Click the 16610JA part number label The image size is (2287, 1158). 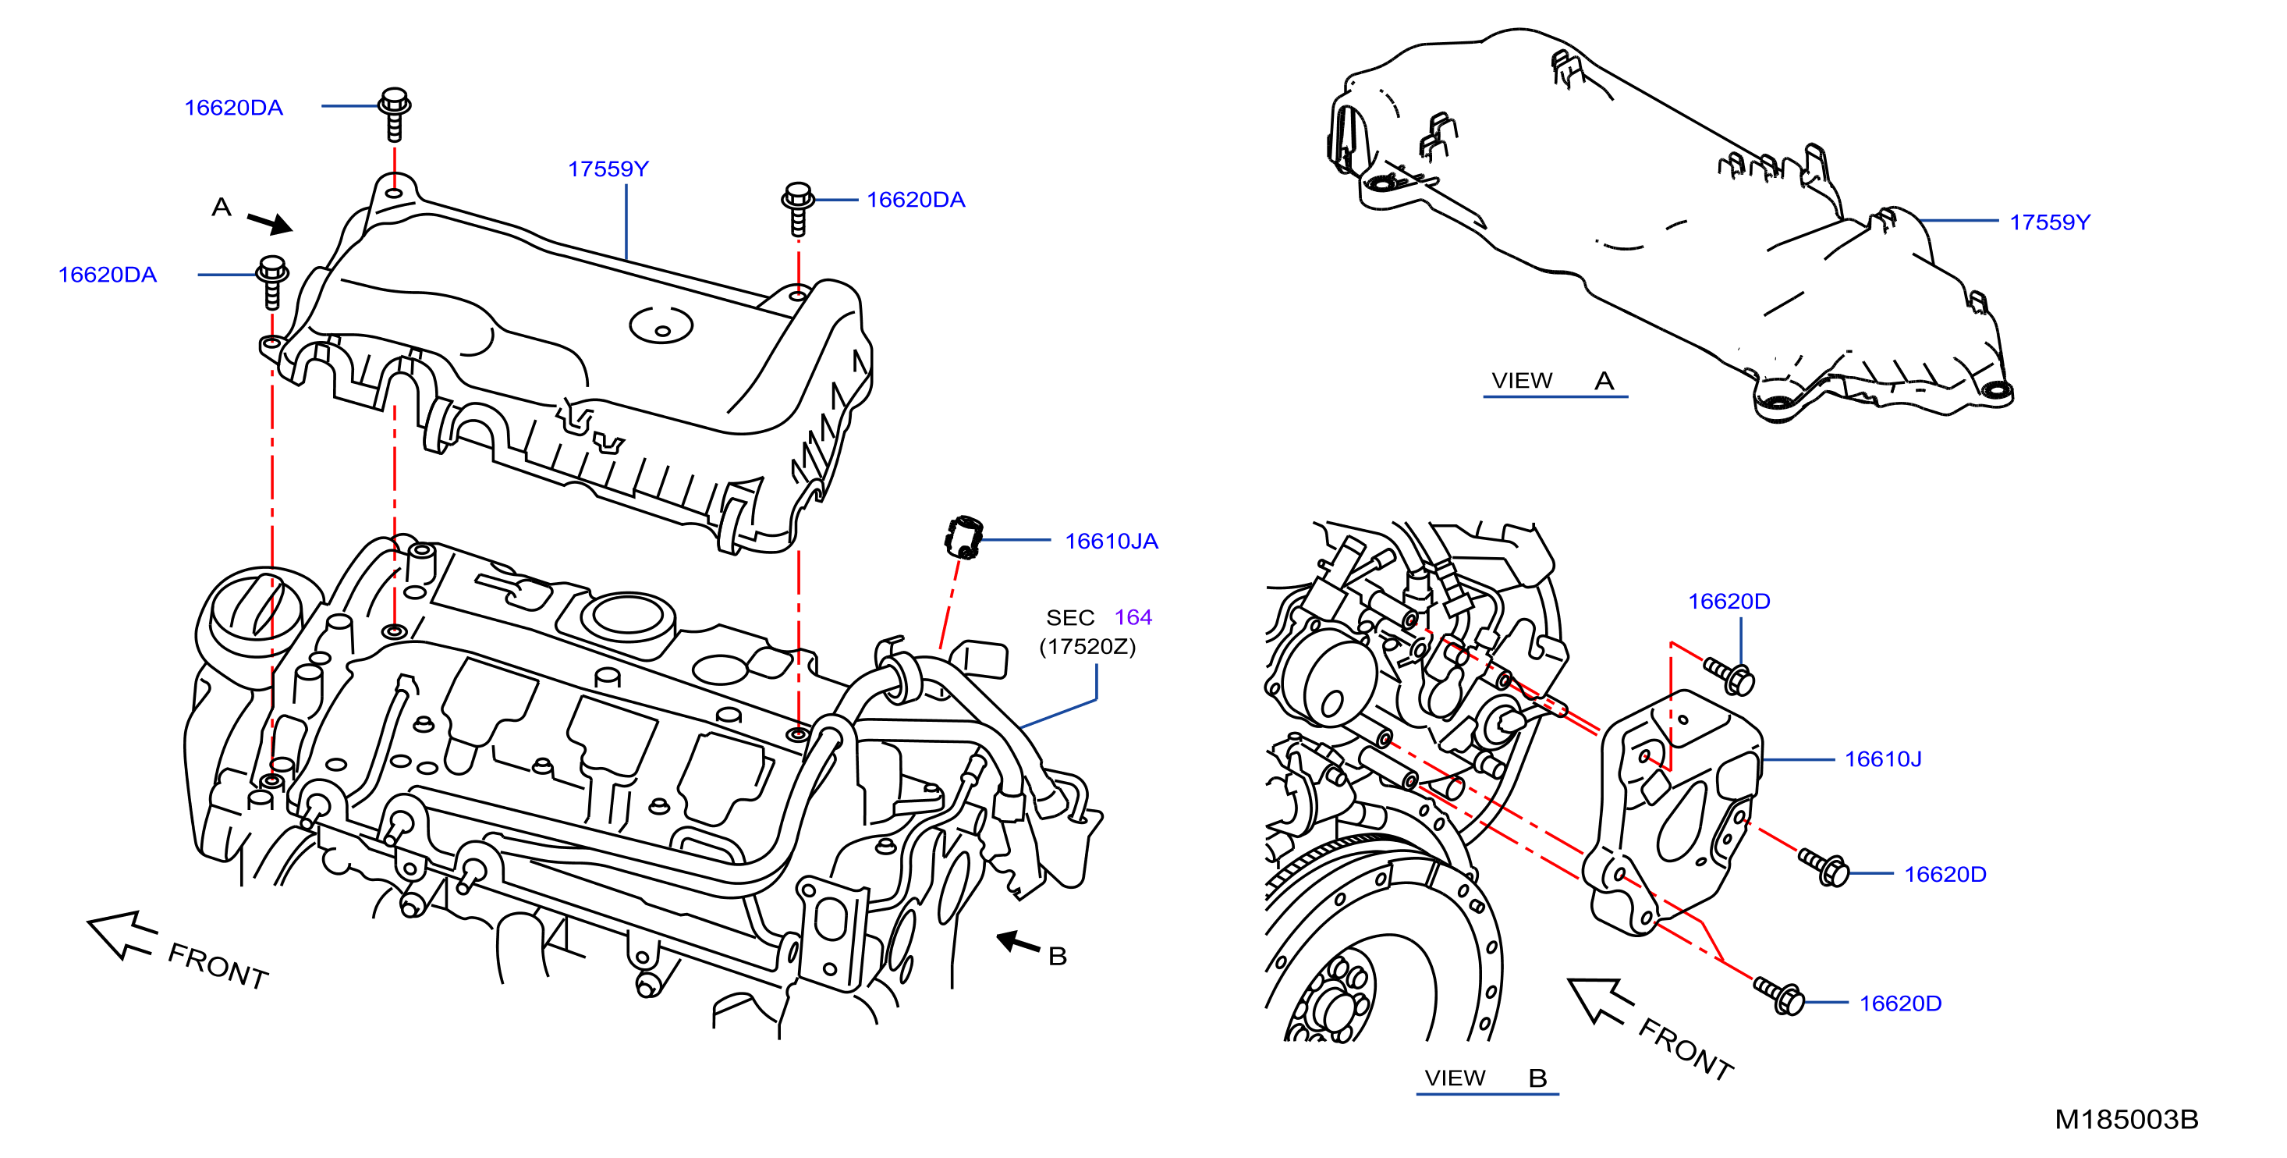tap(1111, 541)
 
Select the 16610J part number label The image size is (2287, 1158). tap(1883, 759)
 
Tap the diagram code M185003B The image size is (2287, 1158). tap(2126, 1119)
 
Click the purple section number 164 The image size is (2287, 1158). tap(1133, 617)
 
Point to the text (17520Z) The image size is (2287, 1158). tap(1087, 646)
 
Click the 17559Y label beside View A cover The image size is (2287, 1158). tap(2050, 222)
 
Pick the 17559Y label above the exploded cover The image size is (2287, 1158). tap(608, 169)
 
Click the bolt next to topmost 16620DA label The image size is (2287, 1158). tap(394, 114)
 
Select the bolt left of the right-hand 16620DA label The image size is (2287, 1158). tap(797, 208)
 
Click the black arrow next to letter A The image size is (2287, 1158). tap(270, 222)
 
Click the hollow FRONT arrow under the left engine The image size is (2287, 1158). tap(122, 935)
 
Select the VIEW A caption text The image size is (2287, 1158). tap(1553, 381)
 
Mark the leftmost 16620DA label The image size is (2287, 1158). tap(108, 275)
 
